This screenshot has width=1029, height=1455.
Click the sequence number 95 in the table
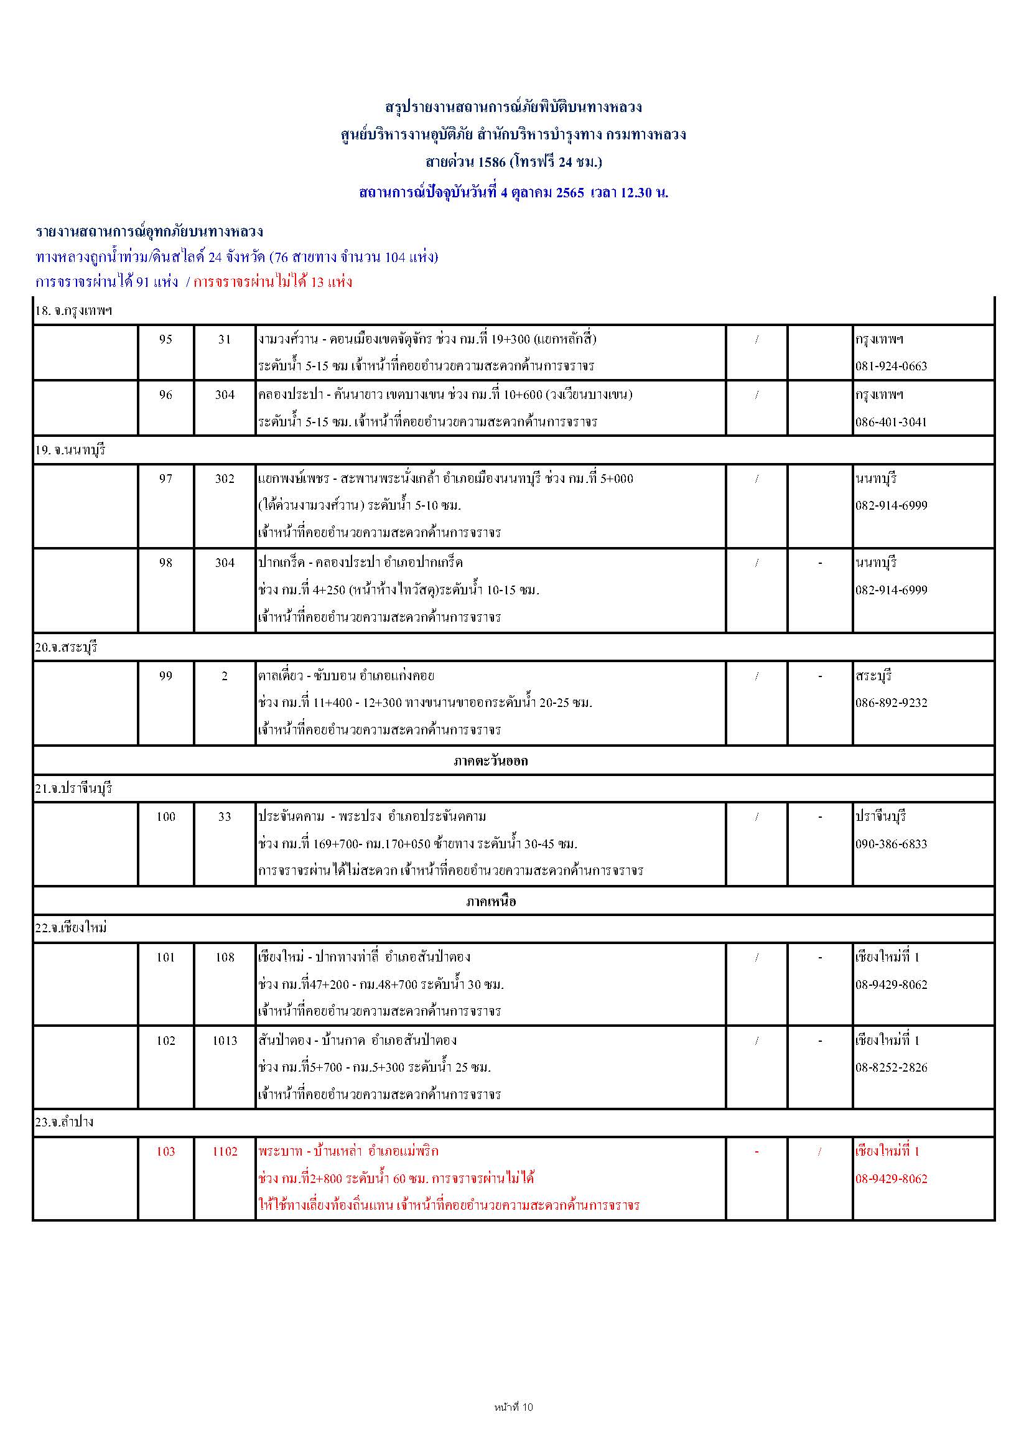[x=165, y=340]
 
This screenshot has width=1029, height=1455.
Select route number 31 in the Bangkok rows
[x=225, y=340]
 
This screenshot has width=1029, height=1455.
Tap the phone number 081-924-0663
[x=891, y=367]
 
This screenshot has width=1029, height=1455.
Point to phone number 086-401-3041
[x=891, y=422]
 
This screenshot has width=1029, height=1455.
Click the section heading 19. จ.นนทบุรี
[x=70, y=451]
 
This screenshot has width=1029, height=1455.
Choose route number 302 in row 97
[x=225, y=479]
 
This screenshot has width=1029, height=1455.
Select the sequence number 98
[x=165, y=563]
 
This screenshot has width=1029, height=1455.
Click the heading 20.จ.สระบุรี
[x=66, y=648]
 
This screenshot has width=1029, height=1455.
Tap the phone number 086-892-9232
[x=891, y=703]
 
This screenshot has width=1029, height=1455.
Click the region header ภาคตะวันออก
[x=490, y=760]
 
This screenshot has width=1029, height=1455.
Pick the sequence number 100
[x=165, y=817]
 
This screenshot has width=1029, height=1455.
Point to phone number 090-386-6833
[x=891, y=844]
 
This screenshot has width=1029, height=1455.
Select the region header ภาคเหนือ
[x=490, y=901]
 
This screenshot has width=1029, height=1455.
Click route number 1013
[x=225, y=1041]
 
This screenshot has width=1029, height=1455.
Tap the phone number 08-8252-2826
[x=891, y=1067]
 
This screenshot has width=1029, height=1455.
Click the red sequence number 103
[x=165, y=1151]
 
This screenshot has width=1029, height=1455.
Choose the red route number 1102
[x=225, y=1151]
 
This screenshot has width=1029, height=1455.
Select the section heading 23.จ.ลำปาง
[x=64, y=1122]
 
